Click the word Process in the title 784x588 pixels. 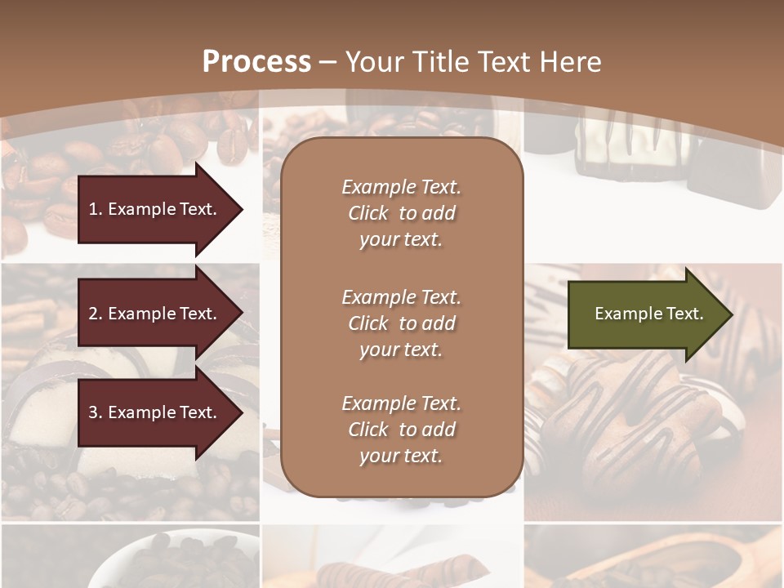[x=256, y=62]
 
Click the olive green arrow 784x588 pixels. [x=645, y=314]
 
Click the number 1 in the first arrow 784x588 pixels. [x=93, y=209]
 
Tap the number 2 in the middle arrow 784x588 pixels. [x=93, y=314]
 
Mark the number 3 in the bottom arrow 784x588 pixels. [x=93, y=412]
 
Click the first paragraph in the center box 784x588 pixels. [x=401, y=213]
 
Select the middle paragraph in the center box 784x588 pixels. [x=401, y=323]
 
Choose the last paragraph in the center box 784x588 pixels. [x=401, y=430]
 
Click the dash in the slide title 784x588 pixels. [x=328, y=62]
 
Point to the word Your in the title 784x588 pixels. [x=372, y=62]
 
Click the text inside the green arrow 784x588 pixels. [x=648, y=314]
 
